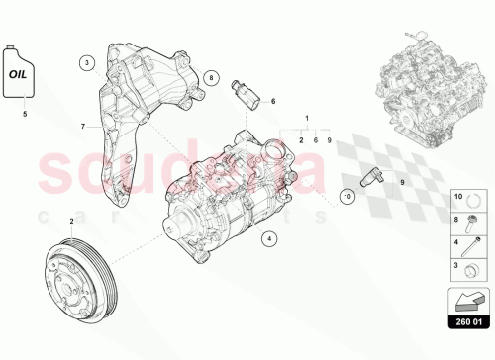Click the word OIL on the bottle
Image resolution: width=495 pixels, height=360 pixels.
[20, 73]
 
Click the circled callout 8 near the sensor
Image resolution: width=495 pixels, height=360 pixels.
[211, 76]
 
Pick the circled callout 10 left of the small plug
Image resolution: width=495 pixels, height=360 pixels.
[347, 197]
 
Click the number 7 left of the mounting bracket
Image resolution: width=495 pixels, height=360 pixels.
[85, 126]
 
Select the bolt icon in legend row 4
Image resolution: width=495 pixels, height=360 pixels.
[474, 244]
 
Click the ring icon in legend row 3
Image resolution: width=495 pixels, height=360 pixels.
[474, 265]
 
